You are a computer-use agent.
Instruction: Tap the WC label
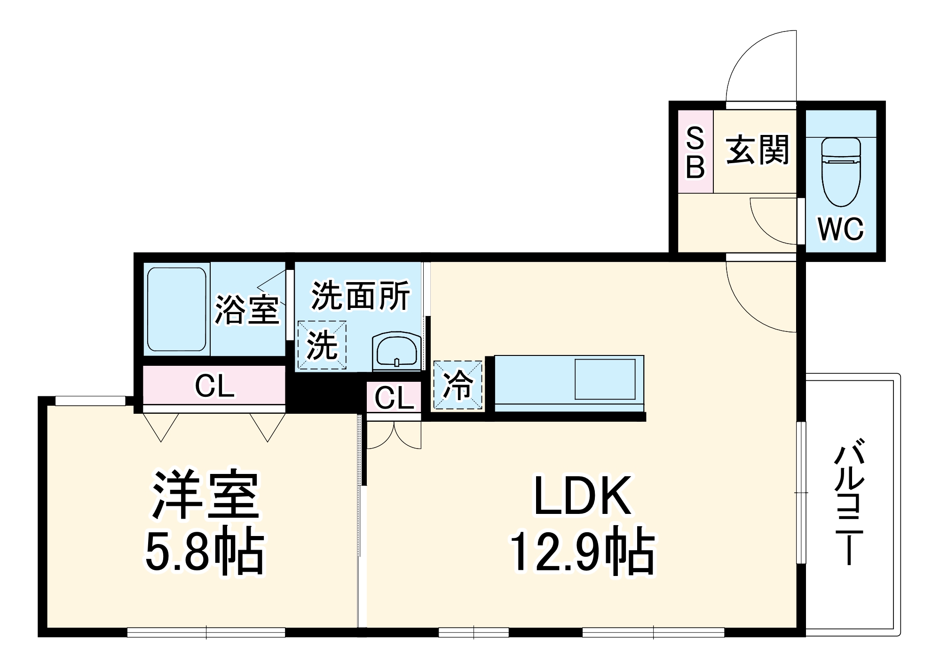click(x=841, y=229)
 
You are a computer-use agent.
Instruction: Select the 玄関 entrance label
click(x=757, y=150)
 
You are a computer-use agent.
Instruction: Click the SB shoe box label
click(x=695, y=153)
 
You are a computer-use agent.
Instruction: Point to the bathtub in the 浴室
click(x=176, y=309)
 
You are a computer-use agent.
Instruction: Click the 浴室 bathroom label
click(x=247, y=309)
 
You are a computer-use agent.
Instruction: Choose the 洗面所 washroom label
click(x=361, y=296)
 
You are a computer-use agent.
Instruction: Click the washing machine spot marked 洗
click(x=322, y=345)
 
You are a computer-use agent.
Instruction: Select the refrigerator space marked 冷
click(x=458, y=385)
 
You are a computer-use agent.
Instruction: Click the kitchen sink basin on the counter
click(x=605, y=379)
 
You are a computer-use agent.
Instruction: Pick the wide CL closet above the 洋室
click(x=214, y=386)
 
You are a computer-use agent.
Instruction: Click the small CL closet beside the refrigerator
click(x=394, y=398)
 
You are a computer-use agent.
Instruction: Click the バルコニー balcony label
click(x=849, y=501)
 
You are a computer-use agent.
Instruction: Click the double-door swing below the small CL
click(x=394, y=435)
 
